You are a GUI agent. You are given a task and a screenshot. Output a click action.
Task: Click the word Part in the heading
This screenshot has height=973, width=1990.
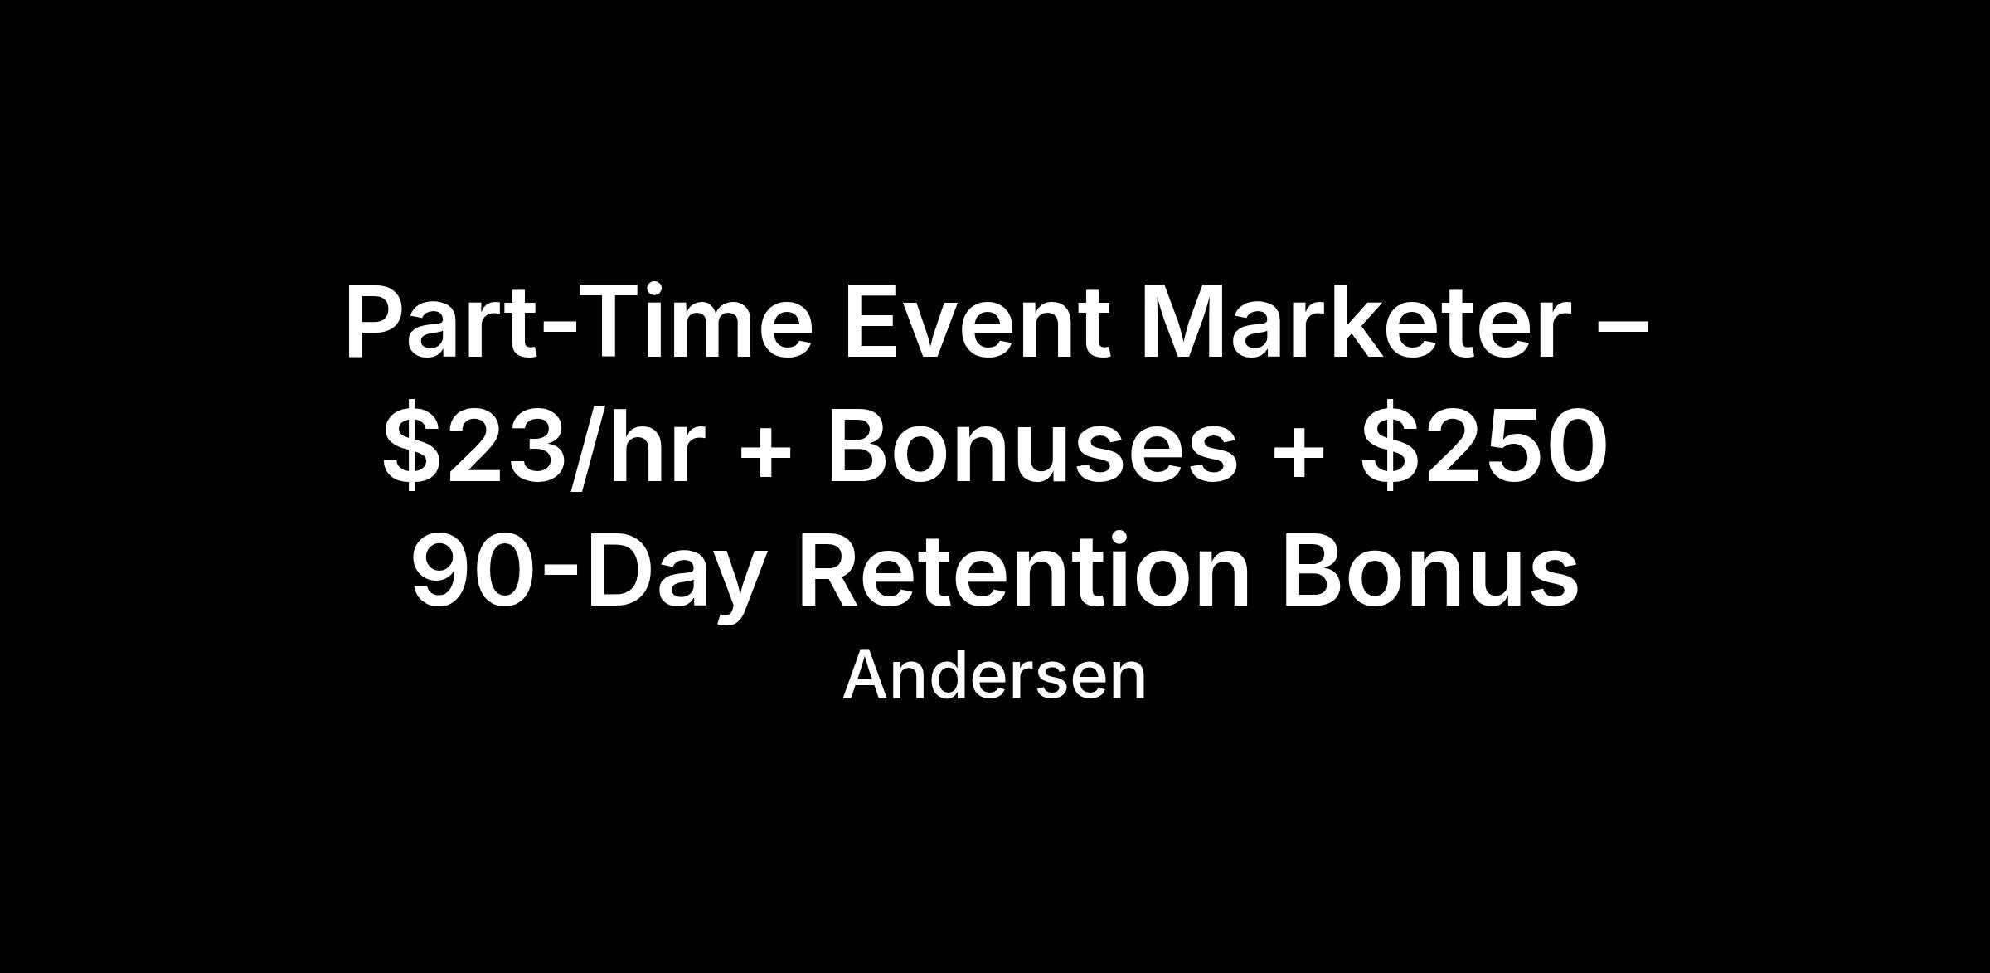click(439, 323)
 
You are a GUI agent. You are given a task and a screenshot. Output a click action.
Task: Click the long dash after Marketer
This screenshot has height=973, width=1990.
click(1622, 330)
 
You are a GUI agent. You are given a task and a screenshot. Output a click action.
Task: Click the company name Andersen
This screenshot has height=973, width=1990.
click(994, 676)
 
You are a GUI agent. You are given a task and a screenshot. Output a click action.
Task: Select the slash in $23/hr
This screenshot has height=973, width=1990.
click(590, 448)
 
